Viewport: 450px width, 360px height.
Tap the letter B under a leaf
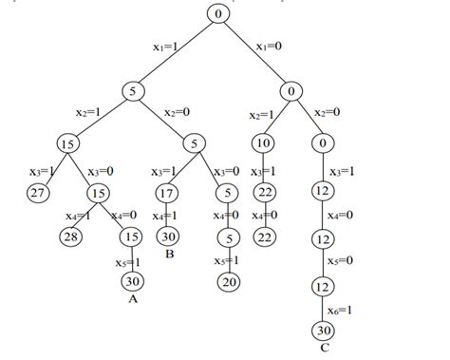tap(168, 256)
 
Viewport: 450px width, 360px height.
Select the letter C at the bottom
tap(325, 349)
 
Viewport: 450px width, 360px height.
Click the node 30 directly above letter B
tap(168, 237)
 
